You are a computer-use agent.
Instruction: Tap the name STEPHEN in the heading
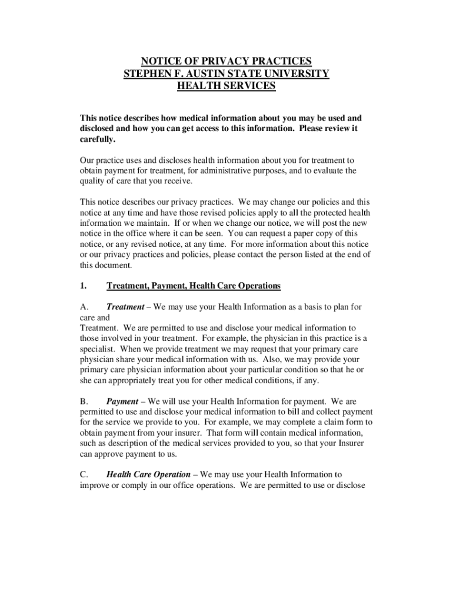[144, 74]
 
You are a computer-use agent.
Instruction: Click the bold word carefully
[97, 139]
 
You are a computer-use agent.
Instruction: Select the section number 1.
[84, 286]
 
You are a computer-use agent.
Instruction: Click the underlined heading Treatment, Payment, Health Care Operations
[194, 286]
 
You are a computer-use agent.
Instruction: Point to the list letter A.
[84, 307]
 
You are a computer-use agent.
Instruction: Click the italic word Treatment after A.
[125, 307]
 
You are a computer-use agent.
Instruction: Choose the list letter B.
[84, 402]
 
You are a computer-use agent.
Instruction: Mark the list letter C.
[84, 474]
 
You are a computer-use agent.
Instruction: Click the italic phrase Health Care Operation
[148, 474]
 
